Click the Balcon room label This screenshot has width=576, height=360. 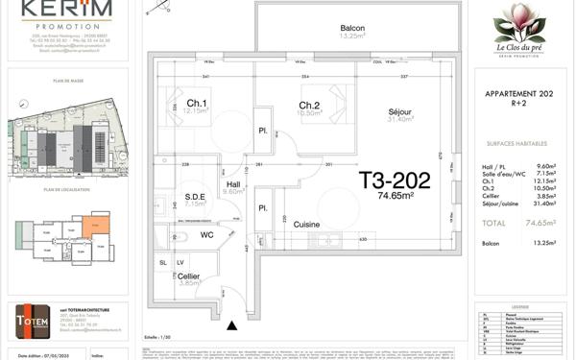coord(330,28)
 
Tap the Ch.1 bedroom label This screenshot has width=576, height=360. coord(197,104)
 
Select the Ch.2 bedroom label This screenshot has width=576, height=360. coord(308,106)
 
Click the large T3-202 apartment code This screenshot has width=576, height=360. coord(395,179)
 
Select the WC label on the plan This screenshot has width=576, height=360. coord(206,234)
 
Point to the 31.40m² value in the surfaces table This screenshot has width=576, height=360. coord(547,204)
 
